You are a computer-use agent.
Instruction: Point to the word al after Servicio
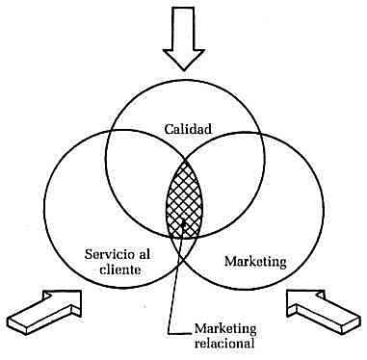(x=137, y=254)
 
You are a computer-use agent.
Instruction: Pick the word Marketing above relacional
(x=227, y=328)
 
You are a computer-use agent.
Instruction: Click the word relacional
(x=227, y=344)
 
